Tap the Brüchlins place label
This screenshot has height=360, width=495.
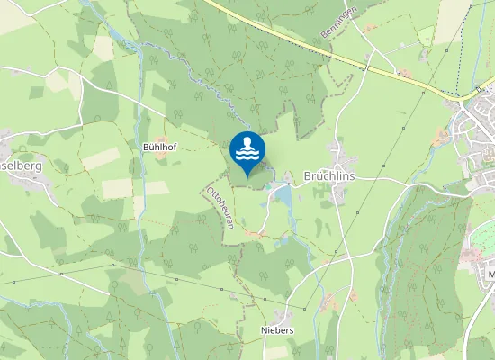(x=328, y=176)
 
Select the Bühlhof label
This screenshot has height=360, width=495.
(x=159, y=145)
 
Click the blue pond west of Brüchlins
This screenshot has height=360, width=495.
(x=282, y=193)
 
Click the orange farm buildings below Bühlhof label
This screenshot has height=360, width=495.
(x=161, y=155)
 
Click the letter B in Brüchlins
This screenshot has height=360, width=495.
(x=308, y=176)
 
